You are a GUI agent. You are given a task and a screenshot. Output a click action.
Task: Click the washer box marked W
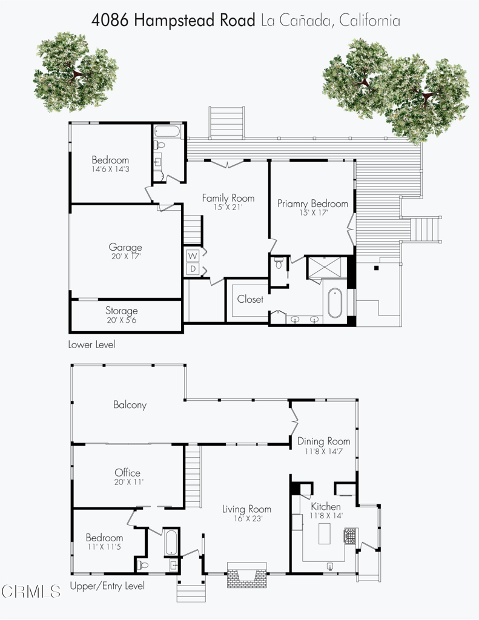(193, 256)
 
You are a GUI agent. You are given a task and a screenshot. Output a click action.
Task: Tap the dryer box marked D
(193, 269)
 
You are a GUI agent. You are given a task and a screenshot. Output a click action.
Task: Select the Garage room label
(125, 247)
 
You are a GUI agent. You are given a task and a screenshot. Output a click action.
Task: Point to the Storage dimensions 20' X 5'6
(122, 320)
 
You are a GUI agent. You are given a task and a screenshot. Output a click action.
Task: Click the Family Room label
(228, 198)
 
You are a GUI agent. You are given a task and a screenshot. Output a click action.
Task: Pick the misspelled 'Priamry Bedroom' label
(312, 203)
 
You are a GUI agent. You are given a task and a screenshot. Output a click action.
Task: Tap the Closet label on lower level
(250, 299)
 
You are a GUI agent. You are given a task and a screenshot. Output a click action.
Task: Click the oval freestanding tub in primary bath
(335, 303)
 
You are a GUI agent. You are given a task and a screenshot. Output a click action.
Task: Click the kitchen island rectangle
(325, 534)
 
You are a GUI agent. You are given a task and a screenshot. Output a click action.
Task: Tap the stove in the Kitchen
(350, 536)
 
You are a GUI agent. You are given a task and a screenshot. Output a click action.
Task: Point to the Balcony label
(130, 404)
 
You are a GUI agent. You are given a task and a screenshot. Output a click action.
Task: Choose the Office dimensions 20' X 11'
(128, 482)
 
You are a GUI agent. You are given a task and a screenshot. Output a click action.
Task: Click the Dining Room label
(323, 441)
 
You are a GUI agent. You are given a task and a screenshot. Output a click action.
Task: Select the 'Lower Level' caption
(91, 345)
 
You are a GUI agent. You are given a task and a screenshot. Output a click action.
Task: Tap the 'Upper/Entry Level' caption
(107, 586)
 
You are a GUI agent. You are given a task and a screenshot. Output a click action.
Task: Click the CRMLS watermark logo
(31, 592)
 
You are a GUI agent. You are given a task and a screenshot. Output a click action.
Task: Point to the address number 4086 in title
(110, 20)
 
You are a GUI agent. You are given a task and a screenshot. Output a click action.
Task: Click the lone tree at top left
(75, 72)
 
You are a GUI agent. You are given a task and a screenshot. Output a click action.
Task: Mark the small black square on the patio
(376, 268)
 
